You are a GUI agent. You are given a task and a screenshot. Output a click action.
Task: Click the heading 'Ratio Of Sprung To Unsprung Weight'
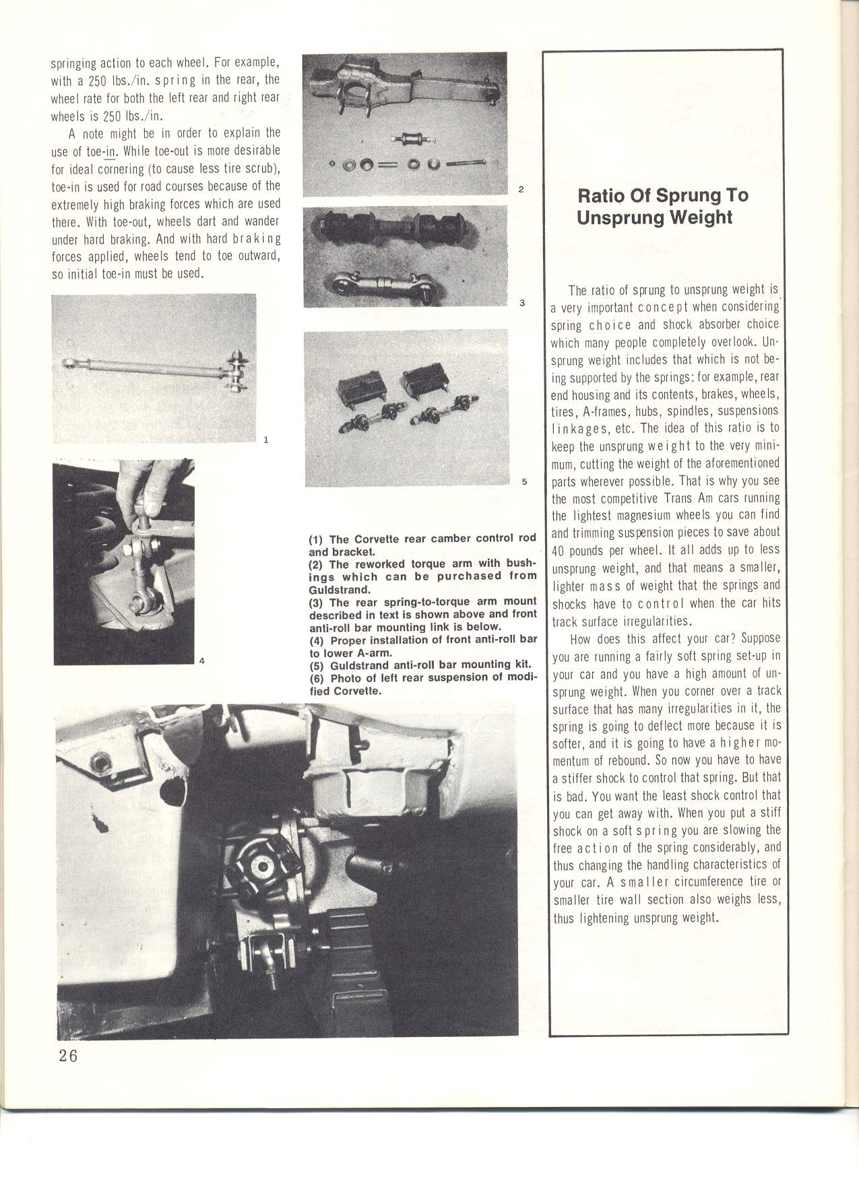point(663,206)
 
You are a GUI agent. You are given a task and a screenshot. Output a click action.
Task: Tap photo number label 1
point(266,440)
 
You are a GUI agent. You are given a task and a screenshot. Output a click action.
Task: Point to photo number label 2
point(521,189)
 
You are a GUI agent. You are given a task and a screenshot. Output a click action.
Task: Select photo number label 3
point(521,302)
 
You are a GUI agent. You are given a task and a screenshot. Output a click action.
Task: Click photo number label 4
point(201,661)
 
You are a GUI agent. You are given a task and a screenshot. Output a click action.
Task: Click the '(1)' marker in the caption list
point(317,539)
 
